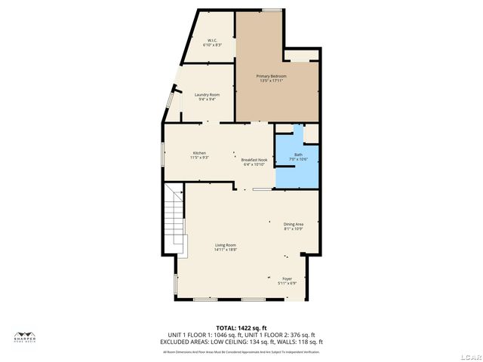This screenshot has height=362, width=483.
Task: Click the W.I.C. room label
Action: [213, 40]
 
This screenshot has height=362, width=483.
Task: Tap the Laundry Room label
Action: [207, 94]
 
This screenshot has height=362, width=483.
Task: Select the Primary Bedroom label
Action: [272, 76]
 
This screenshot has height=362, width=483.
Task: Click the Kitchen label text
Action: [199, 153]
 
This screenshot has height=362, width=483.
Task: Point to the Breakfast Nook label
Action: [254, 160]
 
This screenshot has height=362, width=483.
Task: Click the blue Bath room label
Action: [298, 155]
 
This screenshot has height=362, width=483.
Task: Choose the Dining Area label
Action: [294, 224]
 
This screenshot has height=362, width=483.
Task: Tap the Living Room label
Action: [225, 245]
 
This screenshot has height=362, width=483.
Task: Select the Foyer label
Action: [288, 278]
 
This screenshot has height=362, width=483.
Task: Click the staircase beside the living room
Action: [175, 219]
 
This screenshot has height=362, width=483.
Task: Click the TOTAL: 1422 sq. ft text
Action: [241, 327]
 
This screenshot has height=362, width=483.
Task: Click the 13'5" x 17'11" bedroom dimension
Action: [272, 81]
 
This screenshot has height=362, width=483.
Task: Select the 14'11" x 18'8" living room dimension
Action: [225, 250]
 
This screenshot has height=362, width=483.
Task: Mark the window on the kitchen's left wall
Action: [163, 153]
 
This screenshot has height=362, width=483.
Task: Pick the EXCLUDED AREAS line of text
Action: [241, 341]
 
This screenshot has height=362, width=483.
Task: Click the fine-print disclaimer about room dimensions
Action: [241, 351]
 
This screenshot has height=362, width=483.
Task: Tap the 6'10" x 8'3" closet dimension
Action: [213, 45]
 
